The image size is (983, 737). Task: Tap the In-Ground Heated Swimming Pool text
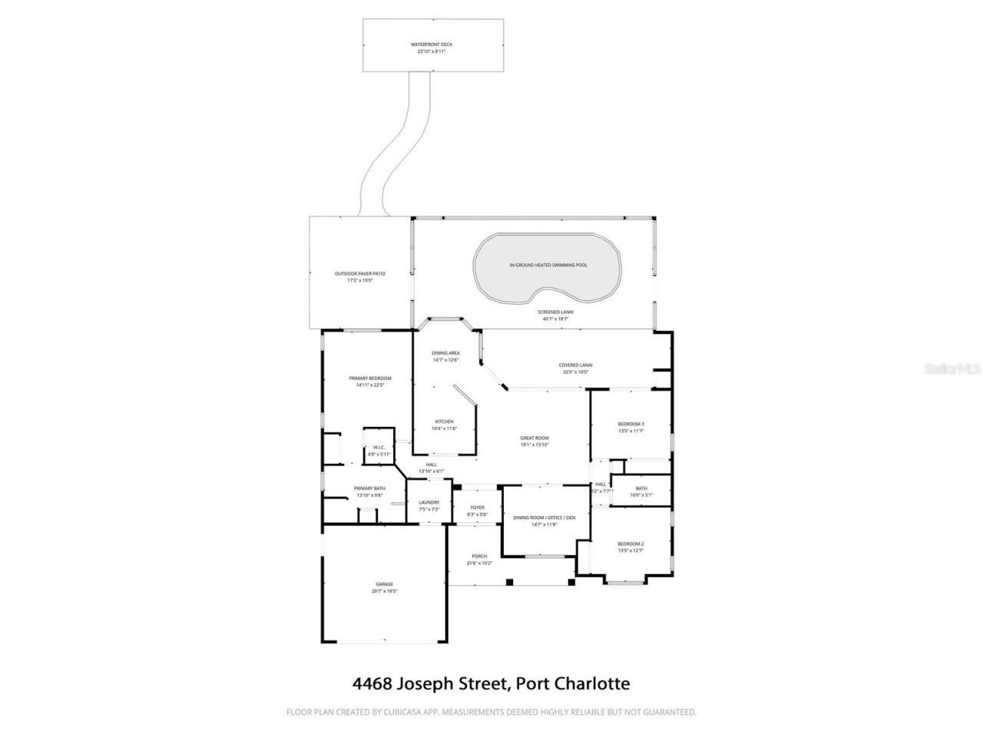click(548, 265)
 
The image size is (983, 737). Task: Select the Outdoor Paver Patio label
click(359, 274)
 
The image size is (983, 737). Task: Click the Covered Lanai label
click(575, 365)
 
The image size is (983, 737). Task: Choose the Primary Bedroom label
click(369, 378)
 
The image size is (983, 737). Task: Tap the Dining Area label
click(445, 353)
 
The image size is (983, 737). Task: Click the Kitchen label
click(445, 421)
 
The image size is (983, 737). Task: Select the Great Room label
click(535, 438)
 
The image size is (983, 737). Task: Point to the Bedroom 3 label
click(631, 424)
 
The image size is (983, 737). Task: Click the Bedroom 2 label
click(631, 544)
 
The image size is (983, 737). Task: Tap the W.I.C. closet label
click(379, 448)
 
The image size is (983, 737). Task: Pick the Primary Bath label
click(369, 489)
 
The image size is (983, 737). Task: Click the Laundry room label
click(429, 503)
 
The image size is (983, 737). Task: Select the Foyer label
click(477, 507)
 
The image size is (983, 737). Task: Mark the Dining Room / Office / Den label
click(544, 517)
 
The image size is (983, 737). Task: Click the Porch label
click(479, 557)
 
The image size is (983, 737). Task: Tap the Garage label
click(384, 584)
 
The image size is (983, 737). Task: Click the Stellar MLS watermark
click(952, 369)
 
